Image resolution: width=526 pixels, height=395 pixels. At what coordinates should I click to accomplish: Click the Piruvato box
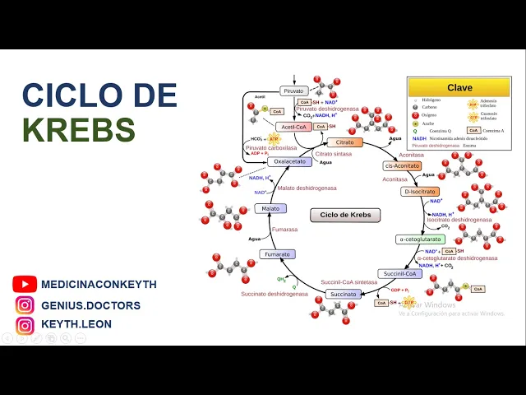(x=293, y=91)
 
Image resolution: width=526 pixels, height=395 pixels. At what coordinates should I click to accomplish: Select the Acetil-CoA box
(x=293, y=127)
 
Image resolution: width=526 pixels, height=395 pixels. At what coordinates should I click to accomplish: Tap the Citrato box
(x=345, y=142)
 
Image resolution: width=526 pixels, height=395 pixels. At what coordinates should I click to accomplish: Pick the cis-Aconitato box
(x=402, y=165)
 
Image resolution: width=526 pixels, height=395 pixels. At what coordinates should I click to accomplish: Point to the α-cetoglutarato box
(x=420, y=239)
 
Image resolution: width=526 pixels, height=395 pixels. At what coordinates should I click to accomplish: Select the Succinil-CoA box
(x=400, y=273)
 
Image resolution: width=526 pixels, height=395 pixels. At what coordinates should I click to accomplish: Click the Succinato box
(x=342, y=294)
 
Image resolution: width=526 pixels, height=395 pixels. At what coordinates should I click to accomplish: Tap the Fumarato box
(x=277, y=254)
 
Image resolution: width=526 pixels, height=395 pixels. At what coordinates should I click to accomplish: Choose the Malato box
(x=270, y=209)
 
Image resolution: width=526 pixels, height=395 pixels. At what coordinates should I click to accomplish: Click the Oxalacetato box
(x=289, y=161)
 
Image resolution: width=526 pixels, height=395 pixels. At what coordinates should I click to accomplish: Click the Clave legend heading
(x=459, y=87)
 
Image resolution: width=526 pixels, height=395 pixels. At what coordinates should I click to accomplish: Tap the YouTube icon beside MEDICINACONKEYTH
(x=25, y=284)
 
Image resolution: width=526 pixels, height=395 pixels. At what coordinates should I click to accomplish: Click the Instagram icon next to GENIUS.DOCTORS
(x=25, y=304)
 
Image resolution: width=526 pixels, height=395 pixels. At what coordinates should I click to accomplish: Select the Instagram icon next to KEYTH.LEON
(x=25, y=324)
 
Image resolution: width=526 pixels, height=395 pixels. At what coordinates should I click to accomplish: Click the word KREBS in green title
(x=79, y=130)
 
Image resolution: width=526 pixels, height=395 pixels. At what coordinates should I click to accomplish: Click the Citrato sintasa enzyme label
(x=333, y=154)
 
